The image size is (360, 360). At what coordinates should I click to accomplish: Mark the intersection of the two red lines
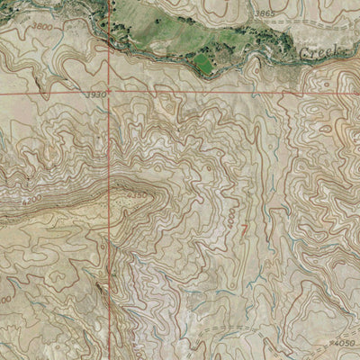tap(111, 91)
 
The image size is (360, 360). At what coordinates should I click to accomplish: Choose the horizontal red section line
tap(225, 91)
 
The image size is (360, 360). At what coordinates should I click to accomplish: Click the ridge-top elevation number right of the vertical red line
tap(135, 195)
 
